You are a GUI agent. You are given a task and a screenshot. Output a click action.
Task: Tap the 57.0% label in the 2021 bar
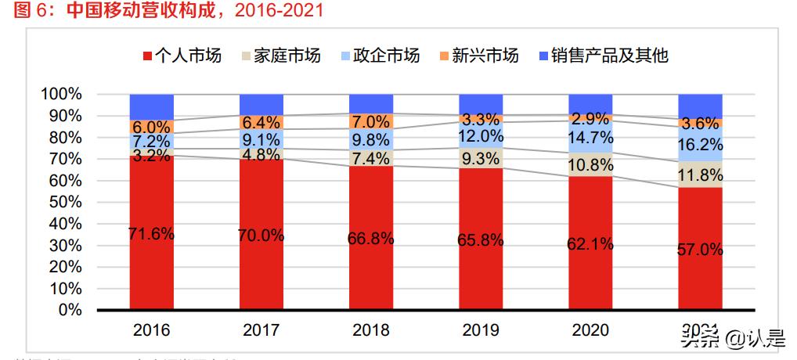(x=700, y=250)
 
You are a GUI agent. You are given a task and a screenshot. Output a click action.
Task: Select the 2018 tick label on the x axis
(x=371, y=330)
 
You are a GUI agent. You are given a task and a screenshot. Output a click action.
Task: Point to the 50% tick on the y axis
(x=61, y=202)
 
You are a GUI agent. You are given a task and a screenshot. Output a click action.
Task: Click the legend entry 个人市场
(x=182, y=56)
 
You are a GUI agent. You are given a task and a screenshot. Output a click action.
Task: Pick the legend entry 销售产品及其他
(x=604, y=56)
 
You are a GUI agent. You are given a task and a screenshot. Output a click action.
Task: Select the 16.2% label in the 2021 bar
(x=700, y=146)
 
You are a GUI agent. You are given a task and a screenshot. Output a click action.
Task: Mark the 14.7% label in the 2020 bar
(x=590, y=138)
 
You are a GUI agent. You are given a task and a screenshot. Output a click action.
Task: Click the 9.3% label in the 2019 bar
(x=481, y=159)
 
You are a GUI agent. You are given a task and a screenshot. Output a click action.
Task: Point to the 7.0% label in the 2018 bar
(x=371, y=122)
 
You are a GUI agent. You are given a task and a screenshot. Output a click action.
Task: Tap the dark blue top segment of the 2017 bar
(x=261, y=104)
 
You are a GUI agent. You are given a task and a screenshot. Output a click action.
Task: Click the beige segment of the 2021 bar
(x=700, y=174)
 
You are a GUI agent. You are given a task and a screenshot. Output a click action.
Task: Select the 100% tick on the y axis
(x=61, y=94)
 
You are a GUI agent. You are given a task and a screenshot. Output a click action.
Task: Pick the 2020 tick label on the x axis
(x=590, y=330)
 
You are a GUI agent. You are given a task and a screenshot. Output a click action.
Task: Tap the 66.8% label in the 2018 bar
(x=371, y=238)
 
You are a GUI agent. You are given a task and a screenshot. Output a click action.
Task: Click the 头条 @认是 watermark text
(x=732, y=340)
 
